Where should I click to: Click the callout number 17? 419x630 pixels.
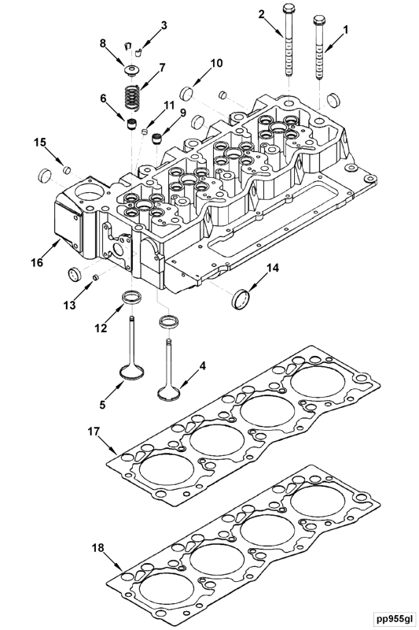click(94, 432)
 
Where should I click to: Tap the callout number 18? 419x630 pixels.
click(97, 547)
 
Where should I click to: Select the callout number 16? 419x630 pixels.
click(37, 262)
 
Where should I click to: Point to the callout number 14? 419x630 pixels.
click(273, 268)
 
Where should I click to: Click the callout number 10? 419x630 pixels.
click(216, 63)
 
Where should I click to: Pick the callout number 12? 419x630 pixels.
click(101, 328)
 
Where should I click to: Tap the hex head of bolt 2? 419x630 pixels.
click(289, 8)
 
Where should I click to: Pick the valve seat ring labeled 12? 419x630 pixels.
click(131, 298)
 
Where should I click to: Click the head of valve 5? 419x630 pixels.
click(132, 372)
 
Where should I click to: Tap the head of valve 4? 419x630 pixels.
click(170, 392)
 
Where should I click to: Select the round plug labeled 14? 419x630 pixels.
click(241, 298)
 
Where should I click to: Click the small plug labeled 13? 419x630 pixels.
click(95, 277)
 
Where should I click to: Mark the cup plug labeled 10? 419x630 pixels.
click(187, 94)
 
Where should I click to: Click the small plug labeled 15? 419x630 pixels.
click(67, 170)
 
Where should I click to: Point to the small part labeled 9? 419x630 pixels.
click(157, 139)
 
